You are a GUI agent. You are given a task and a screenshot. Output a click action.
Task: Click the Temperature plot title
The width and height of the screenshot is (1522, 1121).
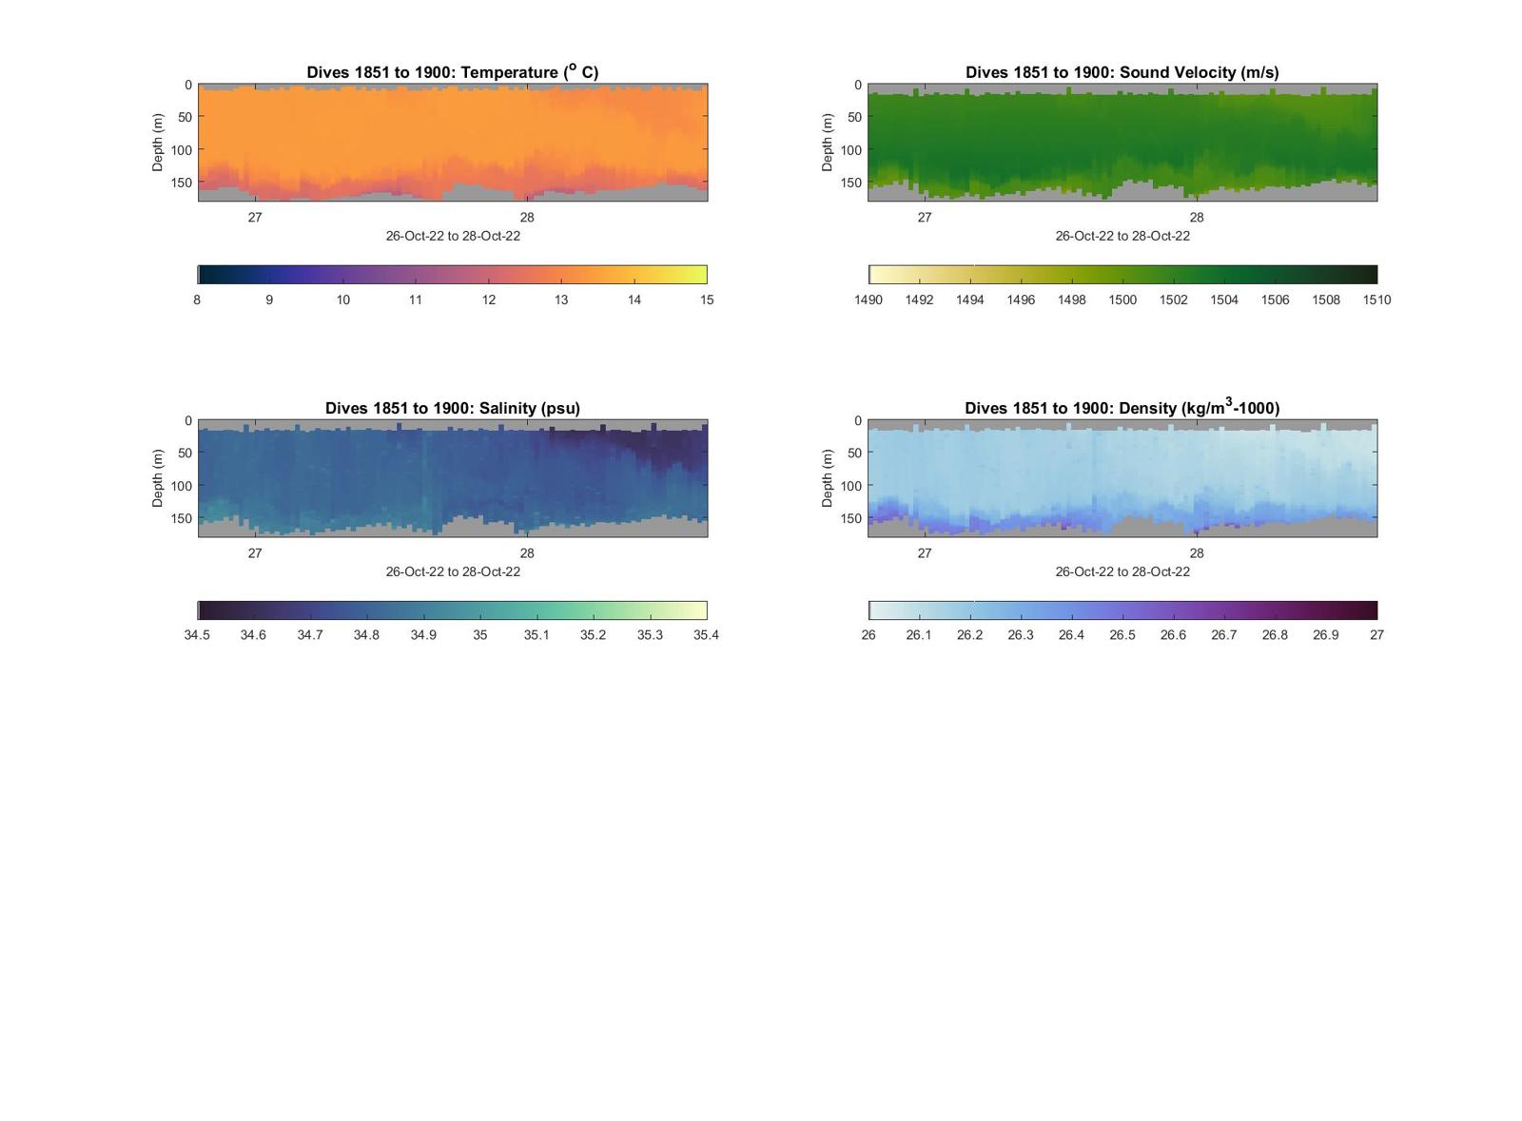(452, 72)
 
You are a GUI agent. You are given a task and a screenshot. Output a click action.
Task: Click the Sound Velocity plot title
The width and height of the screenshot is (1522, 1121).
(1122, 72)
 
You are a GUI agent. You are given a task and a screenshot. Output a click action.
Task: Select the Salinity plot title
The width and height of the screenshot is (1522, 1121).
(452, 408)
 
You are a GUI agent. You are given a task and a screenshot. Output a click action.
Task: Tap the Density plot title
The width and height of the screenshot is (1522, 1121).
(1122, 408)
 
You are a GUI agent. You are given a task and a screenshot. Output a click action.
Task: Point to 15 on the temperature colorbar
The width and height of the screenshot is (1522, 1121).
(707, 300)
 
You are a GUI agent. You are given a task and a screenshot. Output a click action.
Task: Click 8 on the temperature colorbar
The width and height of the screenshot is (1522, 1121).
(197, 300)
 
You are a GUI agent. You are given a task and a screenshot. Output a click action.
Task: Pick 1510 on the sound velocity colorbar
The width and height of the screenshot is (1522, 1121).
(1376, 300)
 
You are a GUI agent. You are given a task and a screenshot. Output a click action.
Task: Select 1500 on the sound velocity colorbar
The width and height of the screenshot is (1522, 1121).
(1122, 300)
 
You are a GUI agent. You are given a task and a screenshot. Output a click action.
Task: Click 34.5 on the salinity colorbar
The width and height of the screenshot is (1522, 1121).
(197, 635)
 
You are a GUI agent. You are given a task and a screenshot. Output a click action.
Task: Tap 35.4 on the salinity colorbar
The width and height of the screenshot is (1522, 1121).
(706, 635)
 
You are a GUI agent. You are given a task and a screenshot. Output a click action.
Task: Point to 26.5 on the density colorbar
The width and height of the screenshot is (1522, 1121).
(1122, 635)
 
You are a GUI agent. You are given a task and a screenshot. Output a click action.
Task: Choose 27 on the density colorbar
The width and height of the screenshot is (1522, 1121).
(1376, 635)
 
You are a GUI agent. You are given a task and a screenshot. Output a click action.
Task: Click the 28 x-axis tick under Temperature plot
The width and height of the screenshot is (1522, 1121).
(527, 218)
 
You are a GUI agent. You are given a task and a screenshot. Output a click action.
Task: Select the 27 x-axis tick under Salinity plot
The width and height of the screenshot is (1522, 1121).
(255, 553)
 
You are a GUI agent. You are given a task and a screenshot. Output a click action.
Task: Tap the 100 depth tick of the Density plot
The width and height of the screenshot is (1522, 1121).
(850, 486)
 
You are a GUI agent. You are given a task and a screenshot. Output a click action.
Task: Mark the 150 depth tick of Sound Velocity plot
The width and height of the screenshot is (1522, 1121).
(850, 183)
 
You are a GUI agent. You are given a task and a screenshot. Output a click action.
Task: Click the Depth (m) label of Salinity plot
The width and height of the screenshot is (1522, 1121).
(158, 478)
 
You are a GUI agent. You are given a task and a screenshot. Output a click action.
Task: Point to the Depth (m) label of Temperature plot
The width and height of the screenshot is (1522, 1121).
(158, 143)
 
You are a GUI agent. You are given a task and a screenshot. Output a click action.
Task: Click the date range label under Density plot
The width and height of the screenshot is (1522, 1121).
(1122, 571)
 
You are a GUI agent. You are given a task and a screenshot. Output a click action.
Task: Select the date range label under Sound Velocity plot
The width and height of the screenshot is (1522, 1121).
(1122, 236)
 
